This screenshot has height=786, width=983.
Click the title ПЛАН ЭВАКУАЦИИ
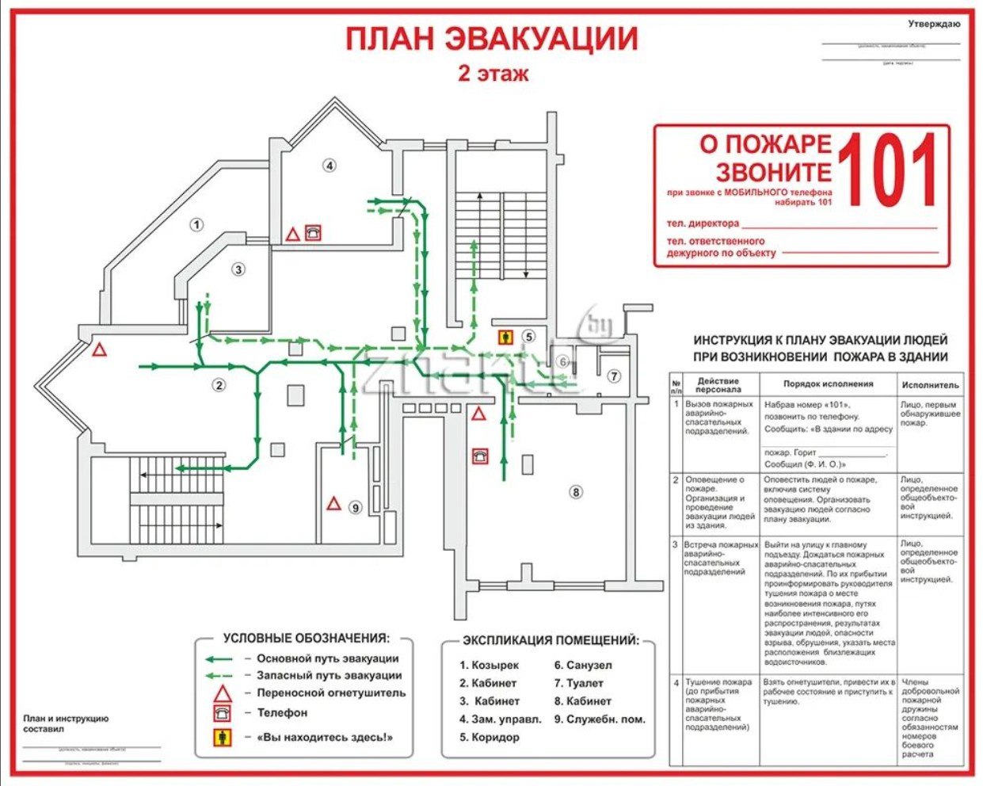click(x=491, y=38)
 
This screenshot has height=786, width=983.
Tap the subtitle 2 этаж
click(x=493, y=74)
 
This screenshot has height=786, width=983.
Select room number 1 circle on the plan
click(x=197, y=224)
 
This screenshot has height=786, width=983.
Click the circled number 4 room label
click(x=330, y=165)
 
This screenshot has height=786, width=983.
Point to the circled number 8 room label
click(x=576, y=492)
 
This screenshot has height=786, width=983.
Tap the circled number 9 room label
click(x=356, y=508)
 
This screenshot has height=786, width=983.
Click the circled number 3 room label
click(x=238, y=269)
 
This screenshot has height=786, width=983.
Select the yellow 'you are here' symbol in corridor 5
click(x=505, y=337)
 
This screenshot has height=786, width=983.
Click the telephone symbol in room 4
click(x=314, y=233)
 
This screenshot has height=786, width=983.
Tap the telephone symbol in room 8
click(x=480, y=456)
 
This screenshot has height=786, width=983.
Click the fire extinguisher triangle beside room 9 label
click(x=334, y=504)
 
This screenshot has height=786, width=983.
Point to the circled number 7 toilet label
click(x=614, y=376)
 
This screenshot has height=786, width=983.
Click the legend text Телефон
click(x=282, y=712)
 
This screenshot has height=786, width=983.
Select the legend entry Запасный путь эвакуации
click(x=329, y=676)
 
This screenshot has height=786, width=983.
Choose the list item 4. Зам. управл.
click(x=501, y=719)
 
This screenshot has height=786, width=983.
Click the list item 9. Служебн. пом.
click(x=600, y=719)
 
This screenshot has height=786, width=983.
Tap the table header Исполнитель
click(x=931, y=385)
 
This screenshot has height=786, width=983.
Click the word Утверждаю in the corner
click(x=934, y=24)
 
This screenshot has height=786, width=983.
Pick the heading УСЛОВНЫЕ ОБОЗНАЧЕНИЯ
click(x=307, y=638)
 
